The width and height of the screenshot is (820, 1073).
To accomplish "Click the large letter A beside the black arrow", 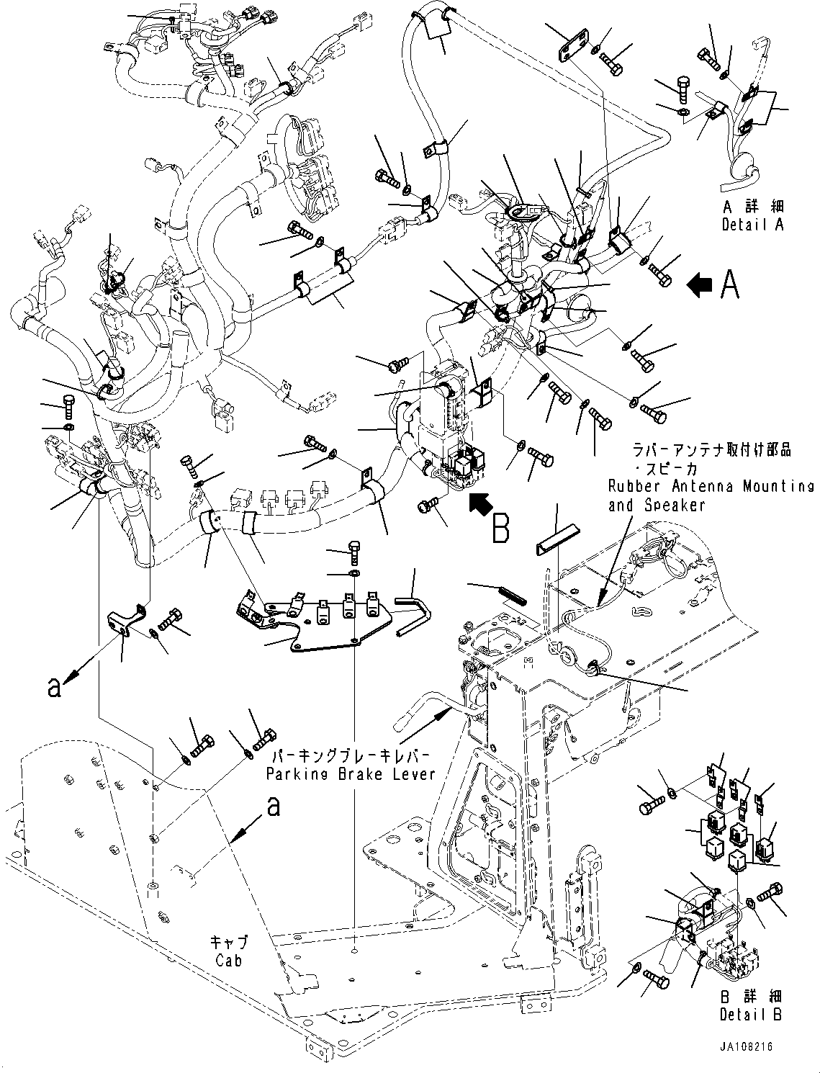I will [729, 286].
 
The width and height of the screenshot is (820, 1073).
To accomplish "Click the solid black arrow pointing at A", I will [698, 286].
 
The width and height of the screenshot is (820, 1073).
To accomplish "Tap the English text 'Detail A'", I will [752, 225].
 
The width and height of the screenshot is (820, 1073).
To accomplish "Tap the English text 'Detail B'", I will [751, 1014].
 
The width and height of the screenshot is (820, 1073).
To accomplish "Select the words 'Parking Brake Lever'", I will [351, 774].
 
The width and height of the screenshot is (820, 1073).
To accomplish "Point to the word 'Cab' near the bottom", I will [228, 960].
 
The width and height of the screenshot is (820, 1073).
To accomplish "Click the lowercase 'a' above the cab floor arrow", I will [274, 806].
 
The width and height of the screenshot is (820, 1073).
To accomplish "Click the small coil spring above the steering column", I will [512, 593].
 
